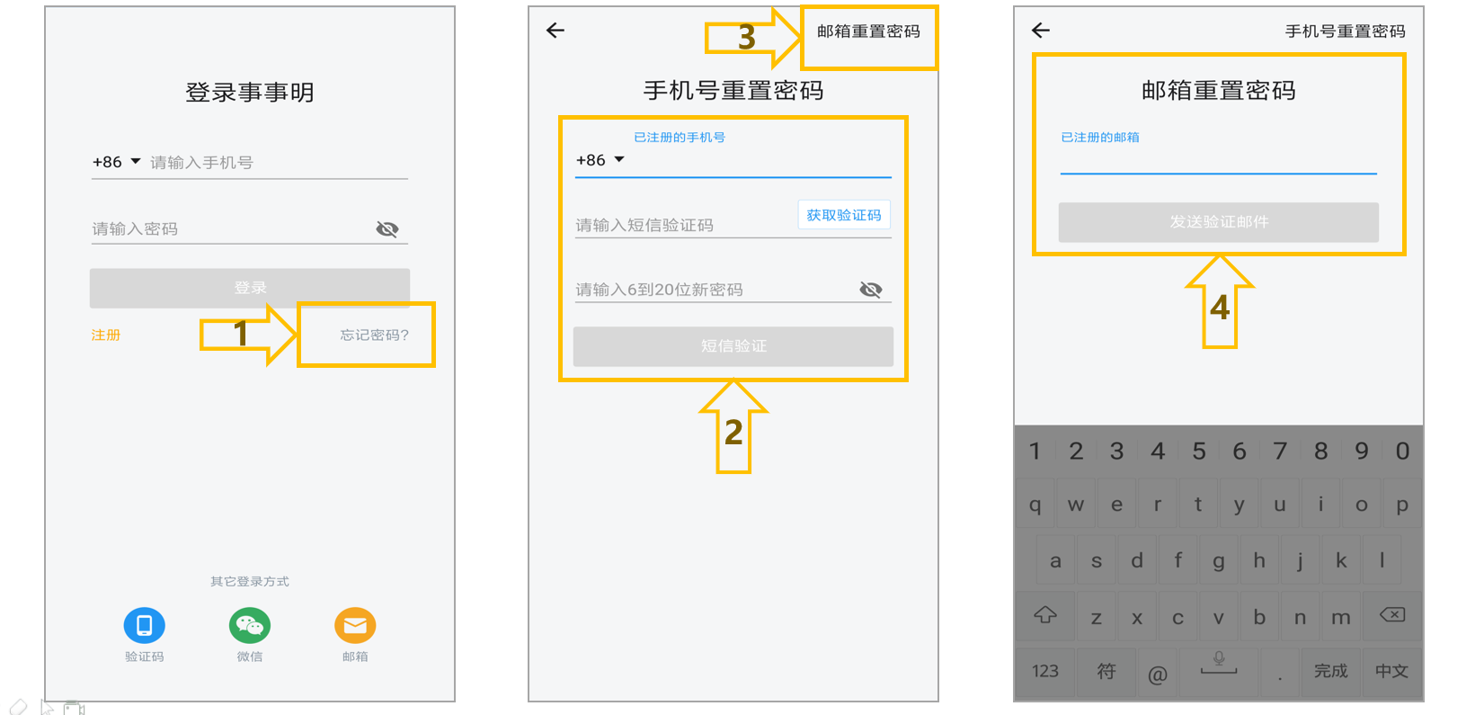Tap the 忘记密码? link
pyautogui.click(x=374, y=335)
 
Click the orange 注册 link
pyautogui.click(x=105, y=335)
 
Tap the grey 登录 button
pyautogui.click(x=250, y=288)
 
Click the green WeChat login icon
pyautogui.click(x=250, y=625)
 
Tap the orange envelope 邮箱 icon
pyautogui.click(x=355, y=625)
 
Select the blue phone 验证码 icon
pyautogui.click(x=144, y=625)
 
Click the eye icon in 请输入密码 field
pyautogui.click(x=387, y=228)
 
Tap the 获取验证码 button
pyautogui.click(x=843, y=215)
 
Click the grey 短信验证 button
pyautogui.click(x=733, y=346)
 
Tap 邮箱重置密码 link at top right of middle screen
pyautogui.click(x=868, y=31)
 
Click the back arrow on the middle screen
pyautogui.click(x=555, y=31)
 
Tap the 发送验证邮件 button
pyautogui.click(x=1218, y=222)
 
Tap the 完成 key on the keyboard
pyautogui.click(x=1331, y=671)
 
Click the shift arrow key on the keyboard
pyautogui.click(x=1045, y=615)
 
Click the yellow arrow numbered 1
pyautogui.click(x=248, y=334)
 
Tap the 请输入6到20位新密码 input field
pyautogui.click(x=715, y=290)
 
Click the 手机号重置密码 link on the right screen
pyautogui.click(x=1345, y=31)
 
